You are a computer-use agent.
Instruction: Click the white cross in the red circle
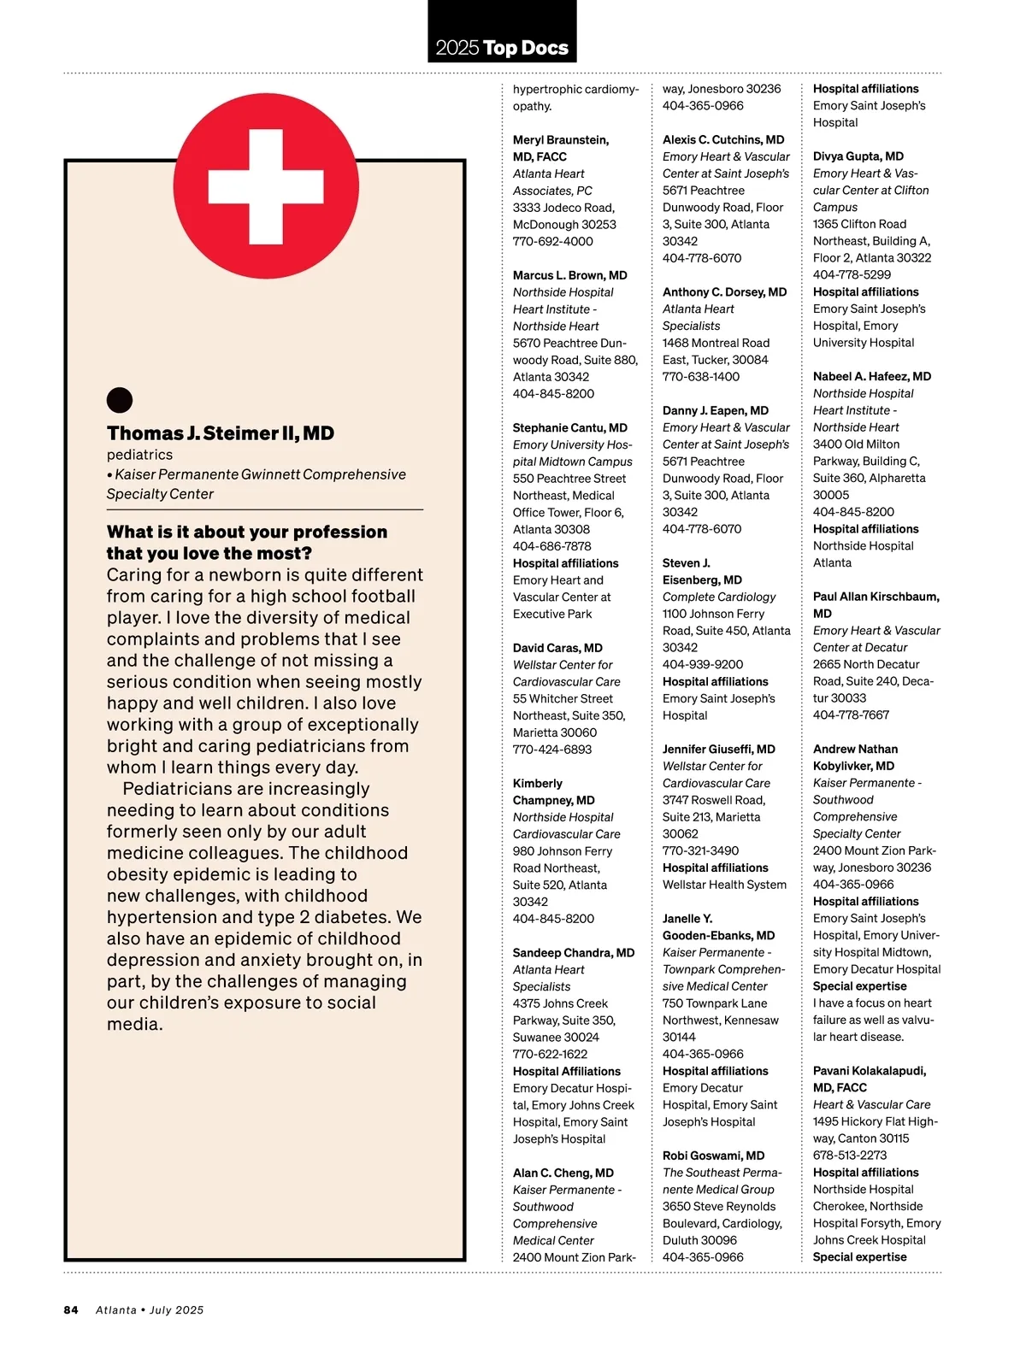pyautogui.click(x=266, y=185)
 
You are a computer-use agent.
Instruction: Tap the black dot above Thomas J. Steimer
pyautogui.click(x=120, y=400)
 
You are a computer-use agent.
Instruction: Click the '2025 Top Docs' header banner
pyautogui.click(x=502, y=47)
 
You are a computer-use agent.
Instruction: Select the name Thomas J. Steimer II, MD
pyautogui.click(x=221, y=433)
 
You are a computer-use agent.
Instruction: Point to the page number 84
pyautogui.click(x=71, y=1309)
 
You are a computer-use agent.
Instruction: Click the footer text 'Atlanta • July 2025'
pyautogui.click(x=150, y=1309)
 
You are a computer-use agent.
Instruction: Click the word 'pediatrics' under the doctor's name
pyautogui.click(x=139, y=455)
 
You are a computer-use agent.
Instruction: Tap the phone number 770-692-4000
pyautogui.click(x=552, y=241)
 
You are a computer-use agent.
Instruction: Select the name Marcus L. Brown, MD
pyautogui.click(x=569, y=275)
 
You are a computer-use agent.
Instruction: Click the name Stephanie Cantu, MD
pyautogui.click(x=569, y=427)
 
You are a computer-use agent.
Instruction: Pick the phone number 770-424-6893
pyautogui.click(x=551, y=749)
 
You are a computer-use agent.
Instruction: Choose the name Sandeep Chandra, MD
pyautogui.click(x=573, y=952)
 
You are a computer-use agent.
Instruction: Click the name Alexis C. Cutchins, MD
pyautogui.click(x=722, y=139)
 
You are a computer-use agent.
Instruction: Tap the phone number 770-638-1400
pyautogui.click(x=701, y=376)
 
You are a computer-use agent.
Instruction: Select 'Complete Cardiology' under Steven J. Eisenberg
pyautogui.click(x=719, y=597)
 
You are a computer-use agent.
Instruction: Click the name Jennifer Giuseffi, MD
pyautogui.click(x=718, y=749)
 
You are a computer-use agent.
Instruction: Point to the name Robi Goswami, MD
pyautogui.click(x=713, y=1156)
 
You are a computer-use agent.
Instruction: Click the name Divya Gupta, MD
pyautogui.click(x=858, y=156)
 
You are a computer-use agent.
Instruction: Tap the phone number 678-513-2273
pyautogui.click(x=850, y=1155)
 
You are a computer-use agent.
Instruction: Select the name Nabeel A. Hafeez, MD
pyautogui.click(x=871, y=376)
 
